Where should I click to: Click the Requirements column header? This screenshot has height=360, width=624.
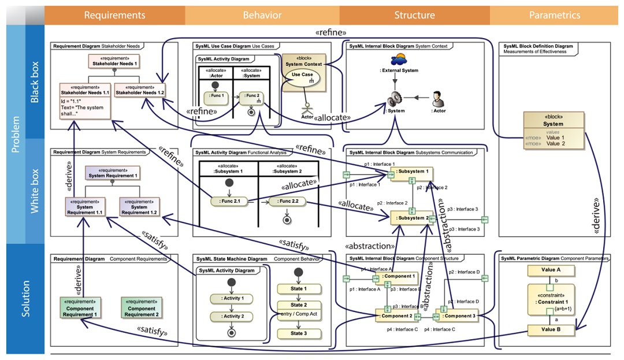click(x=114, y=15)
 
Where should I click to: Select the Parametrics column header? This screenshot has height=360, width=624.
click(x=555, y=15)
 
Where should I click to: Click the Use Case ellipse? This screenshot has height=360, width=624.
click(x=302, y=77)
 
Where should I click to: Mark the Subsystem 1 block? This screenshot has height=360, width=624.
click(x=411, y=172)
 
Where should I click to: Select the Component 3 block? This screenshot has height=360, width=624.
click(x=458, y=316)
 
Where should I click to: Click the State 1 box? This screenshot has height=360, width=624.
click(x=297, y=288)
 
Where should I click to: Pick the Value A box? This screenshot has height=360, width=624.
click(x=551, y=270)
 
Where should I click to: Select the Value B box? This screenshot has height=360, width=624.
click(x=551, y=330)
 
